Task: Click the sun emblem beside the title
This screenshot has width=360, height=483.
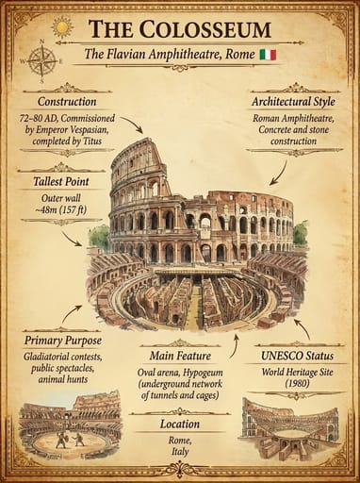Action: click(x=63, y=27)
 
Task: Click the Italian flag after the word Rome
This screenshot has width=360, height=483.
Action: click(x=268, y=55)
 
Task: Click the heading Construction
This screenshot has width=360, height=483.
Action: click(x=66, y=102)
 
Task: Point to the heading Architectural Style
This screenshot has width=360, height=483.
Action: click(x=293, y=101)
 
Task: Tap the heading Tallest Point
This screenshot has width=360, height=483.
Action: click(x=60, y=179)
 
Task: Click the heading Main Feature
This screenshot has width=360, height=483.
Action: click(x=179, y=356)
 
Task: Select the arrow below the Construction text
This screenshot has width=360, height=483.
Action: click(x=132, y=125)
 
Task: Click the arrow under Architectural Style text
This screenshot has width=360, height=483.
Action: click(x=278, y=173)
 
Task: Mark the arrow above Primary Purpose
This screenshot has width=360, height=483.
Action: click(x=72, y=313)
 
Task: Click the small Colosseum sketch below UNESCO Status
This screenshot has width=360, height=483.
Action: click(x=289, y=430)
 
